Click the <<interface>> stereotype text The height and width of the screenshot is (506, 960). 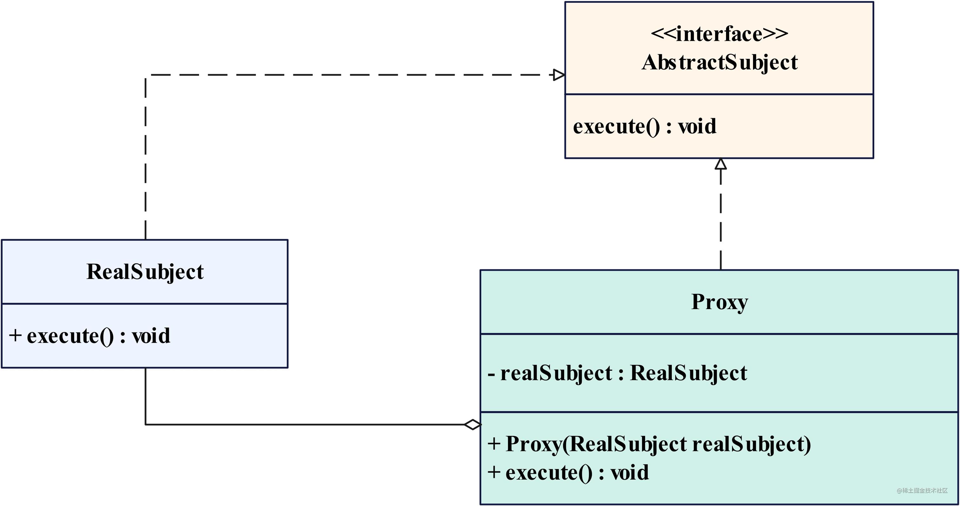pos(719,34)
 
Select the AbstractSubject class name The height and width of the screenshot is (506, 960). pos(719,62)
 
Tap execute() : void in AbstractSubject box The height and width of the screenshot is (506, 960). pos(644,126)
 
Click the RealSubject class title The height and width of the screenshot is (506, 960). pos(145,272)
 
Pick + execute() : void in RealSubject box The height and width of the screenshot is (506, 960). pos(90,336)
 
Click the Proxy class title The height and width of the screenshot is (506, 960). pos(719,302)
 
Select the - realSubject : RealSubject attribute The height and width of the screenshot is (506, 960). pos(617,373)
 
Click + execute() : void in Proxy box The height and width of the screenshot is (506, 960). pos(568,472)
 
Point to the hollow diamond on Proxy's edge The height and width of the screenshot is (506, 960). pos(473,424)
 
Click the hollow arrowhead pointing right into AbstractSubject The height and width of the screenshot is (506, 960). pos(559,75)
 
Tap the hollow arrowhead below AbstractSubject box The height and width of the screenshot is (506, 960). pos(721,164)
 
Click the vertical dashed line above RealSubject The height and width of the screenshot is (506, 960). pos(145,157)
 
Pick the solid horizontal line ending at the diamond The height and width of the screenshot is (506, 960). pos(306,424)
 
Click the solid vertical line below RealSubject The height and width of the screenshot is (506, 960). pos(145,395)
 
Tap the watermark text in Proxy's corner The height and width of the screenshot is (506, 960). pos(922,490)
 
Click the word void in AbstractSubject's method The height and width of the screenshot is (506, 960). pos(697,126)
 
